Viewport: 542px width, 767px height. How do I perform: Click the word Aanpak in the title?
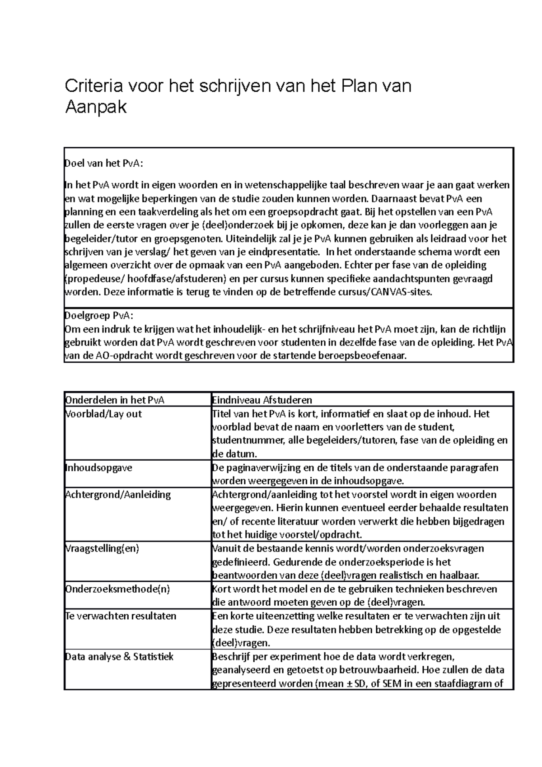(96, 108)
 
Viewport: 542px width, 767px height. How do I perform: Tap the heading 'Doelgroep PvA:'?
(99, 315)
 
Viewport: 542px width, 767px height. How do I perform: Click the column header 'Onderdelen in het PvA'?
(115, 400)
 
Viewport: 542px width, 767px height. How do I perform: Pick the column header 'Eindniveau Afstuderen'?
(262, 400)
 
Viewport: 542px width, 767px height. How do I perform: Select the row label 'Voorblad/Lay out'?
(104, 413)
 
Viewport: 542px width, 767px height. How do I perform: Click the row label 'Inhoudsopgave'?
(99, 467)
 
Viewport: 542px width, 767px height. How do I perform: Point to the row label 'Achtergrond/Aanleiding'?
(118, 494)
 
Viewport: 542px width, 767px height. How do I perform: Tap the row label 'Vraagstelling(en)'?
(102, 548)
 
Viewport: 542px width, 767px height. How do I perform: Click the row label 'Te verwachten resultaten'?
(121, 616)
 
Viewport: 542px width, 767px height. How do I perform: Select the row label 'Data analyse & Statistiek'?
(119, 656)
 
